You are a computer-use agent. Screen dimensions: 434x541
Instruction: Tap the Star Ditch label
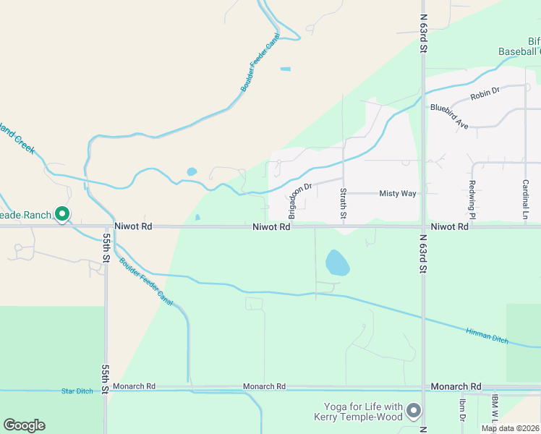[77, 391]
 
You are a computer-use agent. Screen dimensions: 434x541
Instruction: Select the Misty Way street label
[398, 194]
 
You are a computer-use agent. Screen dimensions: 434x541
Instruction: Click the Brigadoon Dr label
[299, 200]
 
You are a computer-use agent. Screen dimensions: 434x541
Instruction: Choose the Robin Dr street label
[485, 93]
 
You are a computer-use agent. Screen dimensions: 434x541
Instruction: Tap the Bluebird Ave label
[449, 116]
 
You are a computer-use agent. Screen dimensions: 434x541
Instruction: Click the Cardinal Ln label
[526, 200]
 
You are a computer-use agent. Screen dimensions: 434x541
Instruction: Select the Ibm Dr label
[461, 409]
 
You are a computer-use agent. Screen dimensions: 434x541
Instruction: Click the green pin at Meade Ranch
[62, 214]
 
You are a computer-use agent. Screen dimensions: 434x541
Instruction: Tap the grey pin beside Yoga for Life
[414, 411]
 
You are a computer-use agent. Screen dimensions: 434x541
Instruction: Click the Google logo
[24, 425]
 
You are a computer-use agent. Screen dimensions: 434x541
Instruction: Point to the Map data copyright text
[510, 428]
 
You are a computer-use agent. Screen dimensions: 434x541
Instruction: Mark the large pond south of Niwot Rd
[337, 263]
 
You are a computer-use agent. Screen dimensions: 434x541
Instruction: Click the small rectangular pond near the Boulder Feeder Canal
[285, 69]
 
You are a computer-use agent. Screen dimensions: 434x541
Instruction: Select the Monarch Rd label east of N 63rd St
[456, 387]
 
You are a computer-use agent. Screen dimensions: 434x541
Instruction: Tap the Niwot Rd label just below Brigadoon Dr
[271, 227]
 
